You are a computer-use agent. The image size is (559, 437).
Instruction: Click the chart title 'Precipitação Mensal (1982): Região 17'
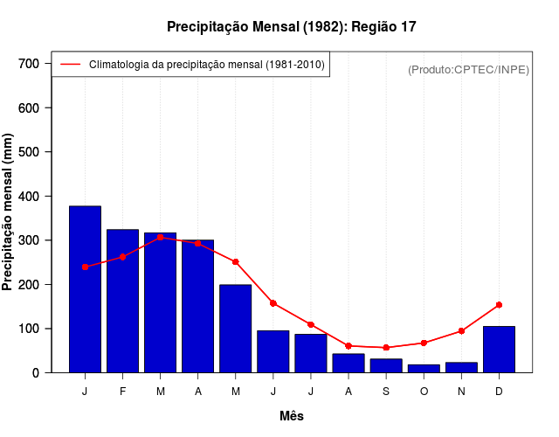point(292,27)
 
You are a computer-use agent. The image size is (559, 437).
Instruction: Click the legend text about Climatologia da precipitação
point(207,64)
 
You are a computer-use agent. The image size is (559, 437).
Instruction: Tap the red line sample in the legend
point(70,64)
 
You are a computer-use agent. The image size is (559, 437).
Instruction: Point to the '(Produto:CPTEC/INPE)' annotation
point(468,69)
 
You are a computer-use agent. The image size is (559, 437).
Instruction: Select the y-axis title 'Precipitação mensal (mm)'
point(9,212)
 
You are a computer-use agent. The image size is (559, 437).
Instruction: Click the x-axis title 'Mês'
point(292,416)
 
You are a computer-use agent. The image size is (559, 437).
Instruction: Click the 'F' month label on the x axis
point(122,392)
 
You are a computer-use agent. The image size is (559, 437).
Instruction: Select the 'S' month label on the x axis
point(386,392)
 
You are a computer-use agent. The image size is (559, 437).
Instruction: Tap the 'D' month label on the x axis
point(499,392)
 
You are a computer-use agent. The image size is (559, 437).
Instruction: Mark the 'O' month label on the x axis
point(424,392)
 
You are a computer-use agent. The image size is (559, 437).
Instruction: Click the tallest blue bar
point(85,289)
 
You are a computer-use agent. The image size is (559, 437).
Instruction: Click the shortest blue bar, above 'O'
point(424,369)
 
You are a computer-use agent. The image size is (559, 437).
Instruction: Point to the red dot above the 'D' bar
point(499,305)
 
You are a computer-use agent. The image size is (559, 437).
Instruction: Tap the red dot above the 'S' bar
point(386,348)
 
